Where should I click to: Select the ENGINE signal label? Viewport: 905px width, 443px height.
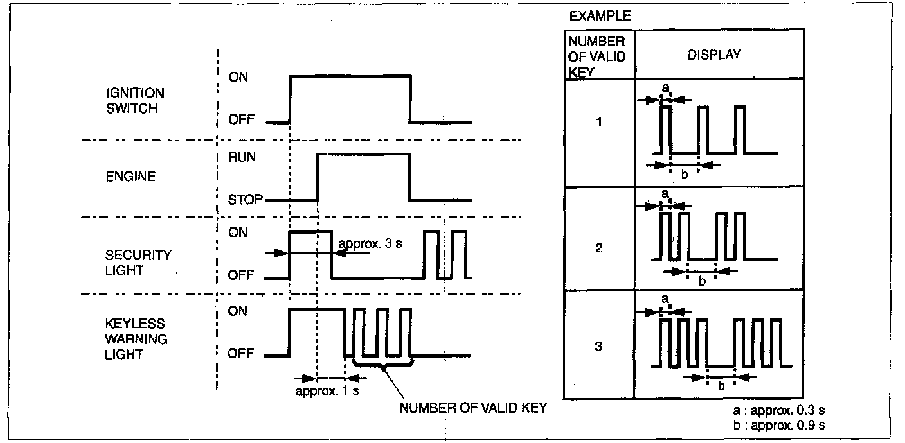tap(130, 176)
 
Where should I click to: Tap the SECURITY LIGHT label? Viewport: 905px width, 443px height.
tap(138, 263)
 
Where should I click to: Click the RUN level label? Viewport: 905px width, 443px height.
tap(242, 156)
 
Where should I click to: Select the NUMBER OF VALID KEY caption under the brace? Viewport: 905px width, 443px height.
tap(473, 409)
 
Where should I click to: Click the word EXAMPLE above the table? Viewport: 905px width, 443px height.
tap(600, 17)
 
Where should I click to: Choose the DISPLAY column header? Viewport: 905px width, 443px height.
tap(714, 55)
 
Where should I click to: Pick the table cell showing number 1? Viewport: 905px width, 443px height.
tap(599, 121)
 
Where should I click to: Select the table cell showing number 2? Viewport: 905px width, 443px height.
tap(599, 248)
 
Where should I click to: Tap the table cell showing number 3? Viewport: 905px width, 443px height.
tap(599, 347)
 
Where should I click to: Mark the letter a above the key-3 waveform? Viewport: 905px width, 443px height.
tap(665, 299)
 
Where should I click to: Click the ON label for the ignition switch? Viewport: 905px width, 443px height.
tap(238, 77)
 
